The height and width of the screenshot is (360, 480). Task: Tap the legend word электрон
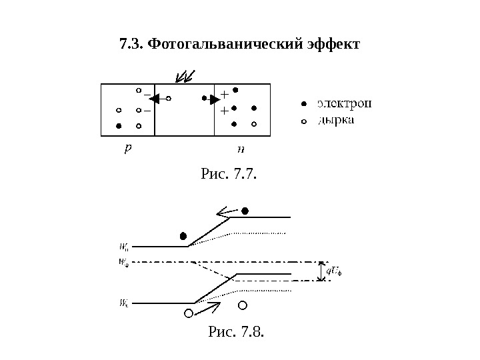point(344,103)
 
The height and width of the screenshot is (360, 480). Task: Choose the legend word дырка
point(336,121)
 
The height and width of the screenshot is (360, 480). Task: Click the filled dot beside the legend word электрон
point(303,104)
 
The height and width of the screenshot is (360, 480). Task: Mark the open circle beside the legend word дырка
point(303,122)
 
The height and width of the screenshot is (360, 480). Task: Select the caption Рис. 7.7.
point(229,175)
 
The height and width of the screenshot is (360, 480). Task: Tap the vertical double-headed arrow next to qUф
point(321,271)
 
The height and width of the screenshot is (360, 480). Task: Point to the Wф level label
point(123,262)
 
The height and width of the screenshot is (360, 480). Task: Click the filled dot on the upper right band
point(245,211)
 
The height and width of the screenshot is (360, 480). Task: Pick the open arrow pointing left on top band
point(227,213)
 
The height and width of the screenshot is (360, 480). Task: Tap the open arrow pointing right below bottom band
point(209,307)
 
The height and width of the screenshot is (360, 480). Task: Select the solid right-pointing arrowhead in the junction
point(215,100)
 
